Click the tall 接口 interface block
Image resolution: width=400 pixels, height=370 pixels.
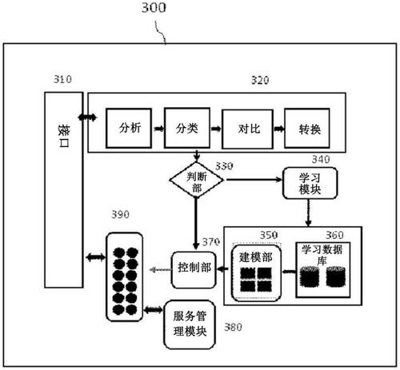62,189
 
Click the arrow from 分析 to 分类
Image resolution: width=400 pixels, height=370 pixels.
157,128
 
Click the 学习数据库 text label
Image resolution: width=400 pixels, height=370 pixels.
325,255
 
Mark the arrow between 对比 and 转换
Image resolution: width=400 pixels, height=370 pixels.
277,128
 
